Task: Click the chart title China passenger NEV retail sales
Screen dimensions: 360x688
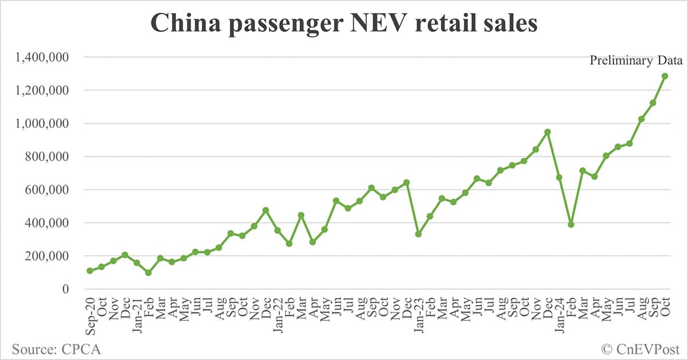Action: click(x=343, y=24)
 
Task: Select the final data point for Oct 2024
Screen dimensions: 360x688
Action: click(x=664, y=76)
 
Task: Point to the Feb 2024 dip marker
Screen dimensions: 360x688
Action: click(x=571, y=224)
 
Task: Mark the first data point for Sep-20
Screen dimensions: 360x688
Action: click(x=90, y=271)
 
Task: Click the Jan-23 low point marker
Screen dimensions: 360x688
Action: click(x=419, y=234)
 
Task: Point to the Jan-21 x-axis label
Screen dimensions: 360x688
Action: click(x=137, y=312)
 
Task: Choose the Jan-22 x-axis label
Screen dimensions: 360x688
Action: click(x=277, y=312)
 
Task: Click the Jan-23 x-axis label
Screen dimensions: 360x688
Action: click(x=419, y=312)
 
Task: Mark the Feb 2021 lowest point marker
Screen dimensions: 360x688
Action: click(x=148, y=273)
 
